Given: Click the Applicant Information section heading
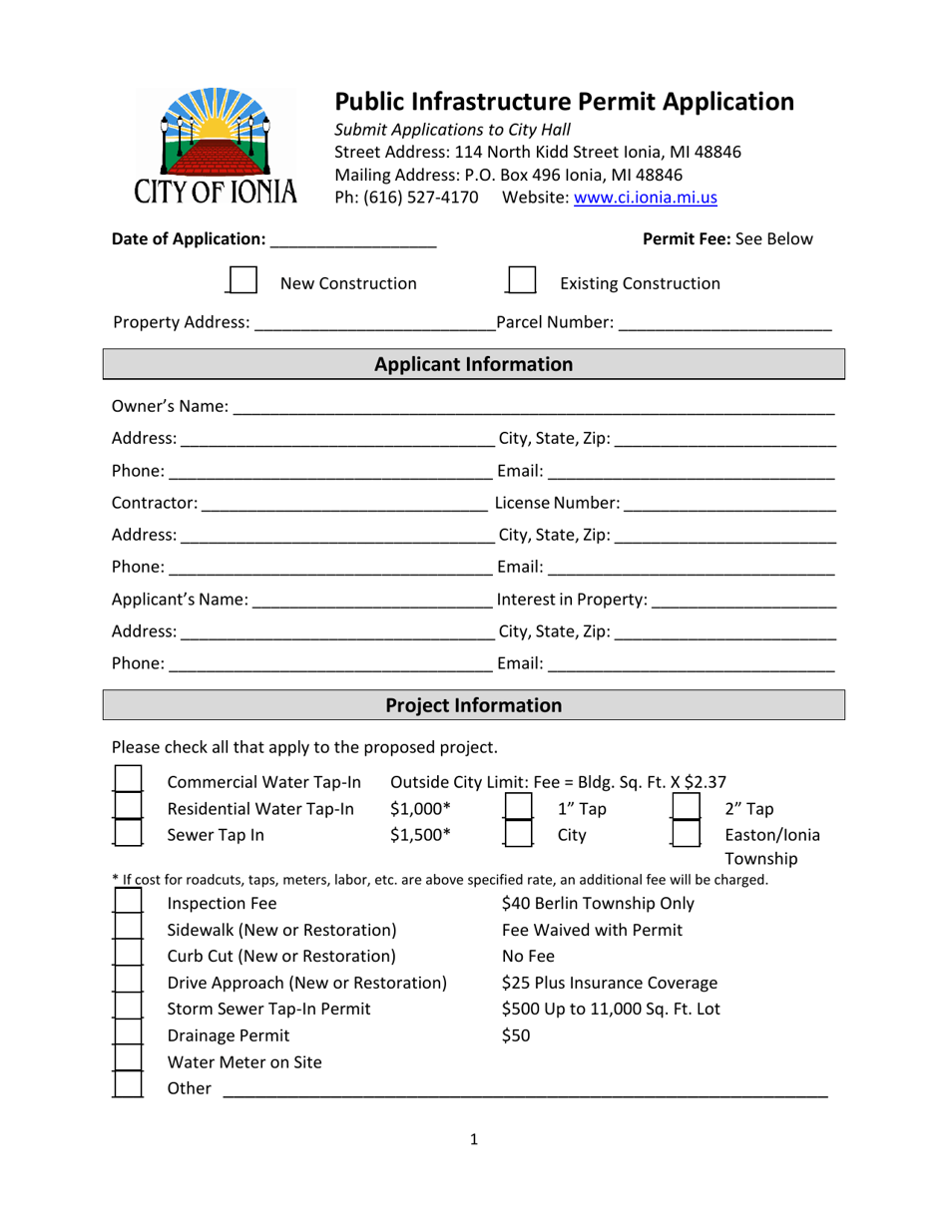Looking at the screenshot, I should (473, 364).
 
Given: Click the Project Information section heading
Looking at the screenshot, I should (473, 705).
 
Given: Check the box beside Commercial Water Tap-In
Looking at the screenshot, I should (128, 780).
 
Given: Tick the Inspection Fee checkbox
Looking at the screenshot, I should (128, 904).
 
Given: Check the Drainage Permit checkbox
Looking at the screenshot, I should (128, 1035).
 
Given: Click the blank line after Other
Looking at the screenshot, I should (524, 1089).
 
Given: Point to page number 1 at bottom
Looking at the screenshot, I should (474, 1139).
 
